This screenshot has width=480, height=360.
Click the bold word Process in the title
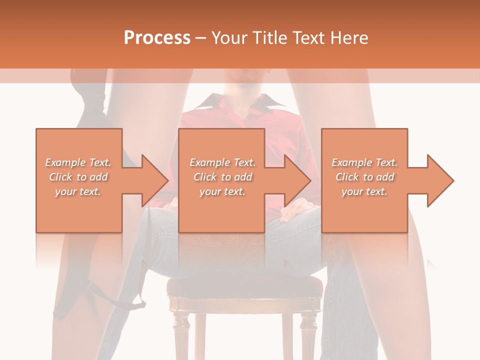pyautogui.click(x=157, y=38)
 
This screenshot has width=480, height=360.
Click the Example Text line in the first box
pyautogui.click(x=78, y=162)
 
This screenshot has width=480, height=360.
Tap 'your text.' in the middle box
pyautogui.click(x=222, y=191)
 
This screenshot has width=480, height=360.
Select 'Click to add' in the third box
pyautogui.click(x=364, y=177)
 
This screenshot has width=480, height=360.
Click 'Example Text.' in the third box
pyautogui.click(x=364, y=162)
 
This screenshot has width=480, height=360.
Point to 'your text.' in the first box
pyautogui.click(x=78, y=191)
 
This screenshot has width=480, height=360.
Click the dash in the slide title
pyautogui.click(x=200, y=38)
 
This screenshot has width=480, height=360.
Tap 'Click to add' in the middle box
pyautogui.click(x=222, y=177)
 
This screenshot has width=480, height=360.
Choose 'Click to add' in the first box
pyautogui.click(x=78, y=177)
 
